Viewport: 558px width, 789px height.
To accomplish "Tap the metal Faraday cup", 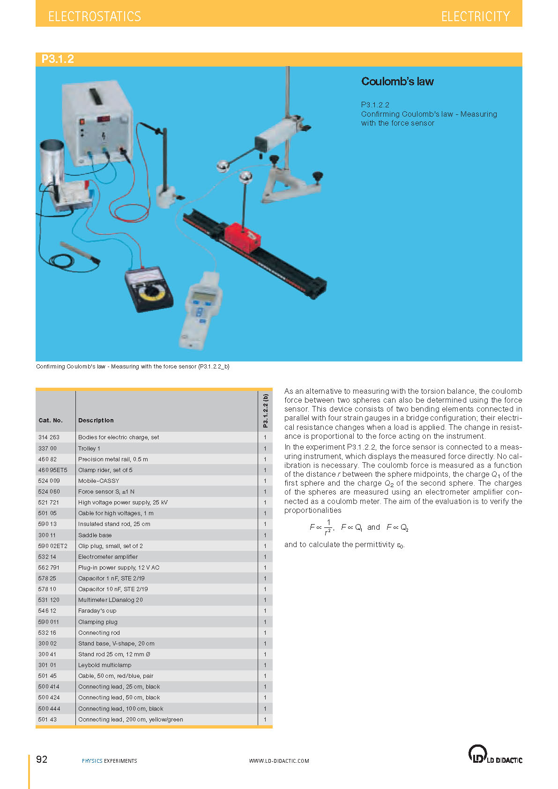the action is (x=52, y=162).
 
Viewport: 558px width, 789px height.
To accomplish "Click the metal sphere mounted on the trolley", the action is (x=246, y=177).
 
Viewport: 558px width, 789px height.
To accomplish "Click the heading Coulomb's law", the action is (x=397, y=82).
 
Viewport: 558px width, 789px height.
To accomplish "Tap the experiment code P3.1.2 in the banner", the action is (x=58, y=59).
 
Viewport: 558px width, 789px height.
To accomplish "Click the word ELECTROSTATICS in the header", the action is (x=95, y=16).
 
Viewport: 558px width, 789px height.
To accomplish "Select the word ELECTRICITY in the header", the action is (x=476, y=16).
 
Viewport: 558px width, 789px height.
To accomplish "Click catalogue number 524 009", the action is (x=49, y=481).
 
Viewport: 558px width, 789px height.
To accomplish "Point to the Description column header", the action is (x=96, y=420).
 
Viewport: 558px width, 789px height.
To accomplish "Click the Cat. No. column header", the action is (x=51, y=420).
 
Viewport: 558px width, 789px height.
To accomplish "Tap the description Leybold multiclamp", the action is (x=104, y=665).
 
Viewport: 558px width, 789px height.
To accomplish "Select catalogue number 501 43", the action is (x=47, y=719).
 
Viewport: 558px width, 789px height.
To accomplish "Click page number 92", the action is (x=42, y=759).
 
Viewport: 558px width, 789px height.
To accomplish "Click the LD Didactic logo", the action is (x=495, y=754).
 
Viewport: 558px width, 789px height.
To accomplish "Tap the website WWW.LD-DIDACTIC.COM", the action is (x=279, y=761).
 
